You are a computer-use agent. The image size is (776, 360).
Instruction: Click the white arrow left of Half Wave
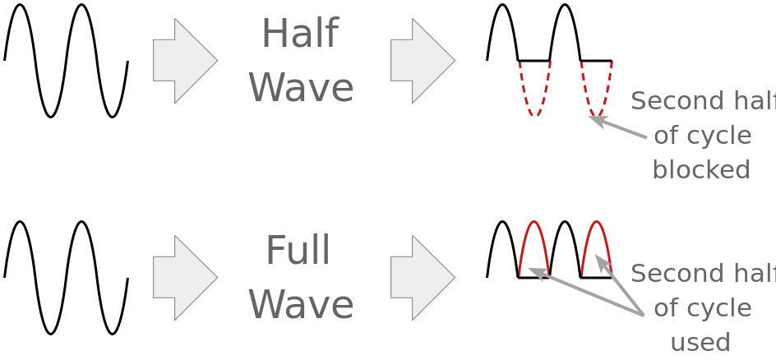point(183,61)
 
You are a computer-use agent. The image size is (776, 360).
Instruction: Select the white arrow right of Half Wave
point(421,61)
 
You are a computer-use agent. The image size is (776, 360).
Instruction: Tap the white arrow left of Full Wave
point(183,278)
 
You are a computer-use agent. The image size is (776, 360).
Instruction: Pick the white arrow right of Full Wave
point(421,278)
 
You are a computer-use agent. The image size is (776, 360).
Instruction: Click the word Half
point(299,35)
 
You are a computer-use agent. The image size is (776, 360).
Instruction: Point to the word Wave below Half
point(301,88)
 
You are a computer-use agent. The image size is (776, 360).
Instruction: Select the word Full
point(298,251)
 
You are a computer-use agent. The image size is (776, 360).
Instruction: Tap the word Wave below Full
point(301,305)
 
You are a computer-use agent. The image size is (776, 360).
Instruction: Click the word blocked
point(700,169)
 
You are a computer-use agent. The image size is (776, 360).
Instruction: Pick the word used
point(700,342)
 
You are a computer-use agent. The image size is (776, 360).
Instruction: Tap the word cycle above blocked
point(721,136)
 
